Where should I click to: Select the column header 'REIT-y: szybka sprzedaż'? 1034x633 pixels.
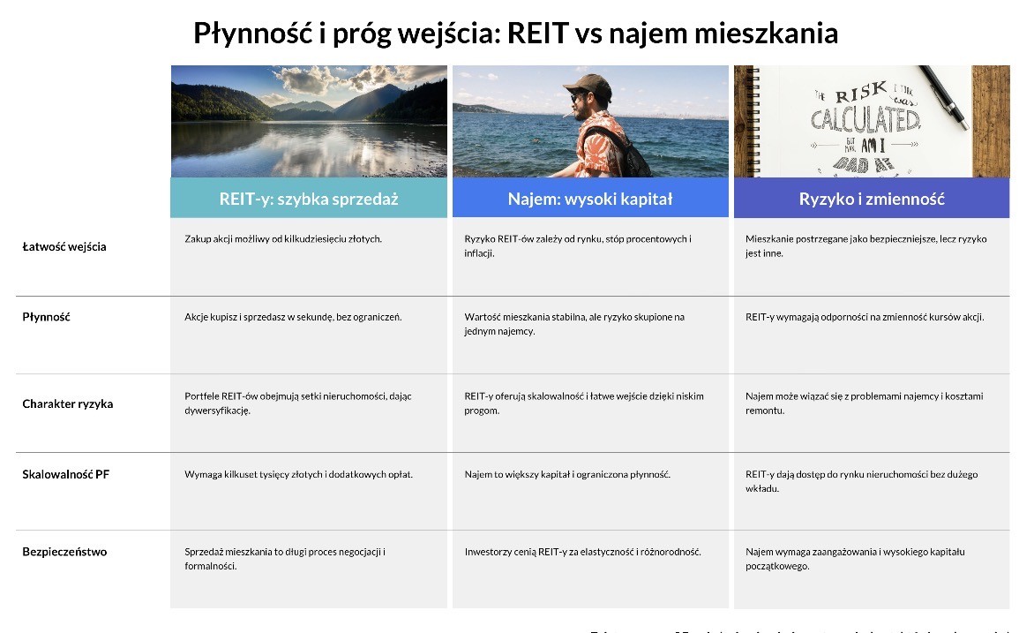(309, 199)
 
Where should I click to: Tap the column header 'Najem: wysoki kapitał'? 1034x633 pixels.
(589, 199)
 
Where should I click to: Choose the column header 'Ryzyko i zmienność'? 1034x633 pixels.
(872, 199)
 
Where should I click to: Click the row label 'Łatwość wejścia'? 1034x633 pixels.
(64, 246)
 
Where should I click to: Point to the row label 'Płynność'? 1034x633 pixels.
(46, 317)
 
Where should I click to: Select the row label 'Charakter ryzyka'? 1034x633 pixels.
(68, 403)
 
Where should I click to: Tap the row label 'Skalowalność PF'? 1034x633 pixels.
(65, 474)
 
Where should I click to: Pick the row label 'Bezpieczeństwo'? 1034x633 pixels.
(64, 552)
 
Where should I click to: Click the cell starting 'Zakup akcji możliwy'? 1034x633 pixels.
(283, 239)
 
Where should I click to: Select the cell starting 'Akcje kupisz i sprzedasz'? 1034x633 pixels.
(293, 317)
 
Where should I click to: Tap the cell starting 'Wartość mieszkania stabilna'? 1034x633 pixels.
(574, 323)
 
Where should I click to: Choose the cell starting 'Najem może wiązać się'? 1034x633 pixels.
(864, 403)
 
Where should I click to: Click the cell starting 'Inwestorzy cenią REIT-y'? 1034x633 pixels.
(582, 552)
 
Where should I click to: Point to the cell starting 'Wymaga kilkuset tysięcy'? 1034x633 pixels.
(298, 474)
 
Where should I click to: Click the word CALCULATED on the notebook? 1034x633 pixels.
(865, 118)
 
